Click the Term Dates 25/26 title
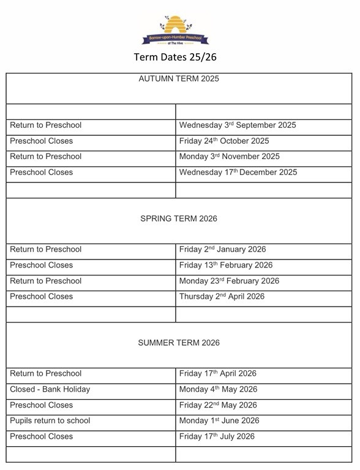point(175,58)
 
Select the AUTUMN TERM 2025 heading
point(179,79)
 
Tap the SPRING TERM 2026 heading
point(179,218)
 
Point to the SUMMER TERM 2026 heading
point(179,343)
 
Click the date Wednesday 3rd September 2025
point(238,125)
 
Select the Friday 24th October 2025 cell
point(224,141)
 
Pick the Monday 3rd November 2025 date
point(229,157)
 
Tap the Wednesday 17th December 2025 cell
point(238,173)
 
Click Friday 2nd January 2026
point(222,250)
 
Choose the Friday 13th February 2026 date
point(226,266)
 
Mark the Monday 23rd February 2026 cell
point(229,281)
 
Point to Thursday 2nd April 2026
point(222,297)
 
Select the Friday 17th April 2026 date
point(217,374)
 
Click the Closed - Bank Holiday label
point(50,390)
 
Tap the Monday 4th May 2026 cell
point(218,390)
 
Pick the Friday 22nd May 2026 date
point(218,405)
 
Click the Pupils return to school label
point(50,421)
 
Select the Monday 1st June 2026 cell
point(219,421)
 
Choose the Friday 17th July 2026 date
point(217,437)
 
